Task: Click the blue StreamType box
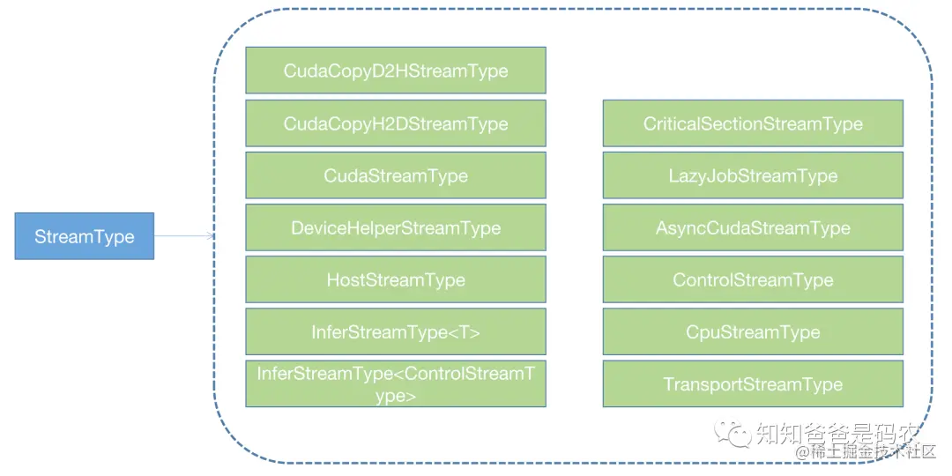(84, 236)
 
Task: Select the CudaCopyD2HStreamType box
(395, 71)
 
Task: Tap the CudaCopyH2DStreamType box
(395, 123)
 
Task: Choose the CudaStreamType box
(395, 175)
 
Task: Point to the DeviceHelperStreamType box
(395, 227)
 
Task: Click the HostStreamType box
(395, 279)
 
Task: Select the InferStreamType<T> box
(395, 331)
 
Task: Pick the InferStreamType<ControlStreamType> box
(395, 384)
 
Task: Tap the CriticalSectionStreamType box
(753, 123)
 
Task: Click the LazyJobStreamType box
(753, 175)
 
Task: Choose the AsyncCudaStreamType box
(753, 227)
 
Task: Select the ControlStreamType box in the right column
(753, 279)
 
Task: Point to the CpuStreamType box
(753, 331)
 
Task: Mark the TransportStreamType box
(753, 384)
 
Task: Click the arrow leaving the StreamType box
(183, 236)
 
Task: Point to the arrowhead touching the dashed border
(210, 236)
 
